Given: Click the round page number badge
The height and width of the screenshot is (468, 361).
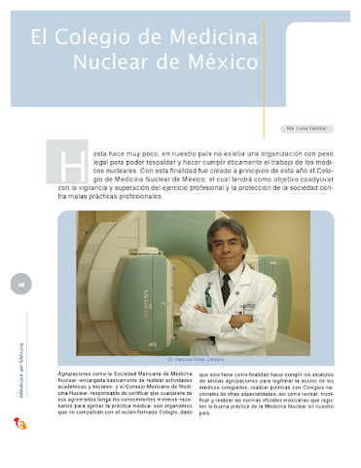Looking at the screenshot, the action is (x=19, y=285).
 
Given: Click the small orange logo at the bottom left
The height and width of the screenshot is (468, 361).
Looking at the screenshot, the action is (x=18, y=422).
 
